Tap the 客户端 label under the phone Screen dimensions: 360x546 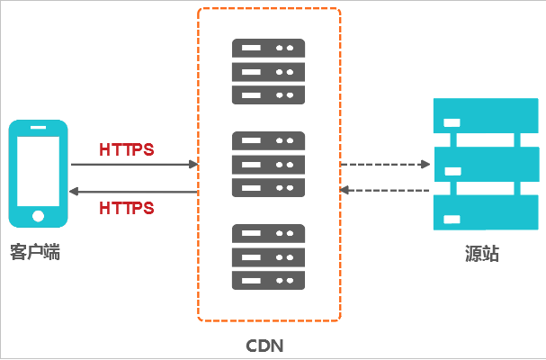36,253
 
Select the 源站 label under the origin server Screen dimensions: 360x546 477,256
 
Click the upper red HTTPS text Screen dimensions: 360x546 127,149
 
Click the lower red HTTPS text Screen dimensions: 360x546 127,208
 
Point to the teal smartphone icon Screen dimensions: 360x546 38,173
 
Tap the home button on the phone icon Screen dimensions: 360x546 38,215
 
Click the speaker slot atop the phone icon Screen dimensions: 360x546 38,129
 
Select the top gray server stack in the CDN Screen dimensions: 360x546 268,71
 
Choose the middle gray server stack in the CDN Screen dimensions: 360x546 268,164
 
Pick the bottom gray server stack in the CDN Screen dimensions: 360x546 268,256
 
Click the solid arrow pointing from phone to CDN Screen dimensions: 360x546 134,165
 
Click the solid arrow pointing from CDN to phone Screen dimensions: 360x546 134,192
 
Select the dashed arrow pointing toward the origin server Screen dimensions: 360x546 385,165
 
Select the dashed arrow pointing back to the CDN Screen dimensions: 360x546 385,190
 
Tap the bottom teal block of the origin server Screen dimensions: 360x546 478,215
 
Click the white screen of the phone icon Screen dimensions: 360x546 38,171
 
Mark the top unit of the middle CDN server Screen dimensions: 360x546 268,141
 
